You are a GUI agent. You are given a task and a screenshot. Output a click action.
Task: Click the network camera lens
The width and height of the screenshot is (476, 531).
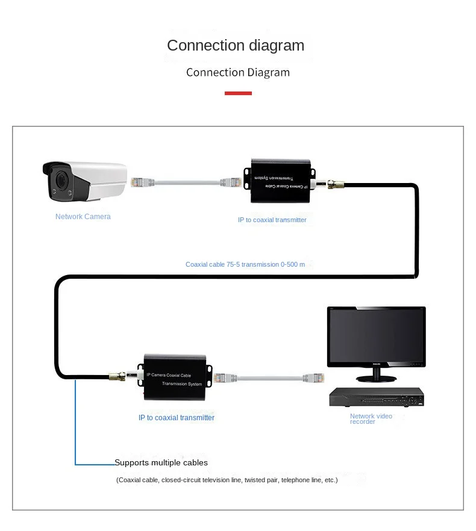60,180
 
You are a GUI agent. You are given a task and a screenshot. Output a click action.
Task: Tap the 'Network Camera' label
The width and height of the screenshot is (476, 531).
83,217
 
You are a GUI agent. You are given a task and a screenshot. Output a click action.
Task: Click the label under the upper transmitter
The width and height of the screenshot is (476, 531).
272,220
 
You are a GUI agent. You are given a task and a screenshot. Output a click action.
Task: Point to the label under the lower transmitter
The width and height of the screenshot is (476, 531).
177,417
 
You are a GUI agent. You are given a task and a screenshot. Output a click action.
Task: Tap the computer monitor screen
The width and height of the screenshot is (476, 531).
376,336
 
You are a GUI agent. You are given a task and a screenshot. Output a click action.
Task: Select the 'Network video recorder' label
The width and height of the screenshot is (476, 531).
371,418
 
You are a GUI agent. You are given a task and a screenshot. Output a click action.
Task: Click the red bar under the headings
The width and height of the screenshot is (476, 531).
238,93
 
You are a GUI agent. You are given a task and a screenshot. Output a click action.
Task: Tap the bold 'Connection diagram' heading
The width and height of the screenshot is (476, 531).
236,45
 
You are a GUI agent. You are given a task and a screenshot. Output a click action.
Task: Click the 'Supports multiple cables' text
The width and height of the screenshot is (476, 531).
161,462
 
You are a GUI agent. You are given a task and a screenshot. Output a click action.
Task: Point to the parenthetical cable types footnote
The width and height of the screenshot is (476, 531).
227,480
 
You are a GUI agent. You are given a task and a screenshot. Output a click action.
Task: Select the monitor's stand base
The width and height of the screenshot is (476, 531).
376,378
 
